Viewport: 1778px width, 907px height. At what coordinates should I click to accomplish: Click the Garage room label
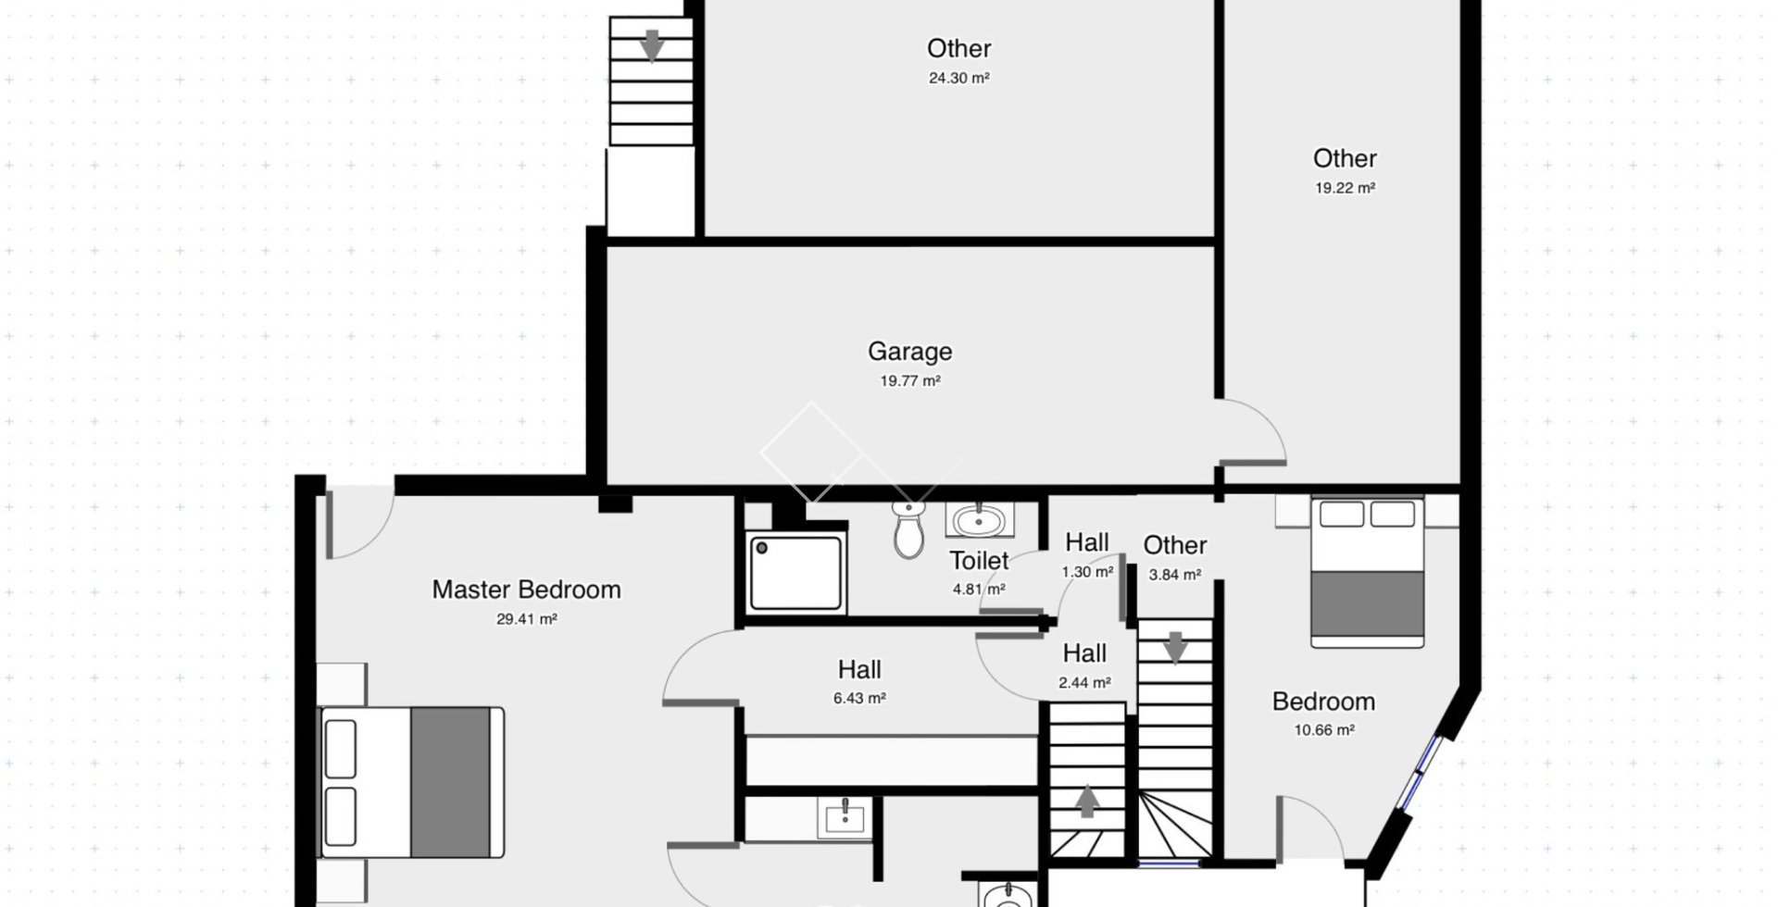pyautogui.click(x=909, y=352)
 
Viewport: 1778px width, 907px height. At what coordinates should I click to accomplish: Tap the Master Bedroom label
pyautogui.click(x=526, y=590)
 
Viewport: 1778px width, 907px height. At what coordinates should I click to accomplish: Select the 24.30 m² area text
pyautogui.click(x=958, y=79)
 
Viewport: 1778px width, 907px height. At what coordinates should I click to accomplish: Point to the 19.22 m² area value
pyautogui.click(x=1345, y=188)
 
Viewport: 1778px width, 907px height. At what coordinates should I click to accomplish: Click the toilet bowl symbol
pyautogui.click(x=908, y=531)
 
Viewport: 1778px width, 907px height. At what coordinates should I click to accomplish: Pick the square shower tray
pyautogui.click(x=795, y=573)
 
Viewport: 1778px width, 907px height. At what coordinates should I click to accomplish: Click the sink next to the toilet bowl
pyautogui.click(x=980, y=520)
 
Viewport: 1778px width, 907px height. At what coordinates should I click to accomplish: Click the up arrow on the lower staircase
pyautogui.click(x=1087, y=801)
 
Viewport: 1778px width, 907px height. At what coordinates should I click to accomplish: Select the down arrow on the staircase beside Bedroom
pyautogui.click(x=1175, y=648)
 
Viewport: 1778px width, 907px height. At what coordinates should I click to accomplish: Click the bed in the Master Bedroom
pyautogui.click(x=411, y=782)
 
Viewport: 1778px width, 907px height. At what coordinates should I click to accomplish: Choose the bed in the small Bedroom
pyautogui.click(x=1367, y=572)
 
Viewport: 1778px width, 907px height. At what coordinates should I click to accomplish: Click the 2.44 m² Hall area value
pyautogui.click(x=1084, y=683)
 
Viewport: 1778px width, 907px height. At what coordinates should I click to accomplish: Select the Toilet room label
pyautogui.click(x=979, y=561)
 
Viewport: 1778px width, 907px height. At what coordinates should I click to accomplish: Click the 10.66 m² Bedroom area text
pyautogui.click(x=1324, y=730)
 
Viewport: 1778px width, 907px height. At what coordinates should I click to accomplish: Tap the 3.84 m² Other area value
pyautogui.click(x=1175, y=575)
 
